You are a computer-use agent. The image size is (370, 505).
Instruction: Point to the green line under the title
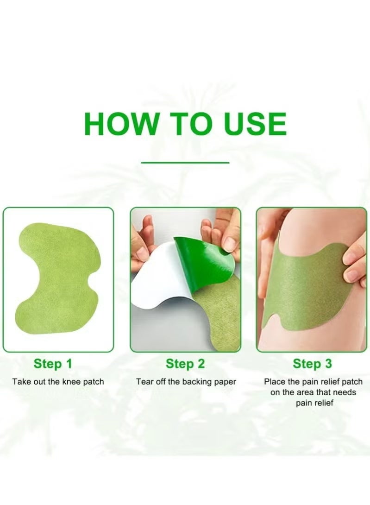[185, 163]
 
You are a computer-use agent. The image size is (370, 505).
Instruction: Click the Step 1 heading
[53, 364]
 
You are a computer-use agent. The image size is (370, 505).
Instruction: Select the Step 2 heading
[185, 364]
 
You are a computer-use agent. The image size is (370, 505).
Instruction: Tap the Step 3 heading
[312, 364]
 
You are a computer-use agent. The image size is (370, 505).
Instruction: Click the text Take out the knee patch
[58, 382]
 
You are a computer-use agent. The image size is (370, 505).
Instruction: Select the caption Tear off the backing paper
[186, 382]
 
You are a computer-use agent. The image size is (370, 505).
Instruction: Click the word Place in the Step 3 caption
[274, 382]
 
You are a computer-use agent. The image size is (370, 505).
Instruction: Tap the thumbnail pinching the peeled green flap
[229, 243]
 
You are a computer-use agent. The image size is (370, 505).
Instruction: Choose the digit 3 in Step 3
[328, 364]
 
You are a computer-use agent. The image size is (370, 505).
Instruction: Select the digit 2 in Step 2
[200, 364]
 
